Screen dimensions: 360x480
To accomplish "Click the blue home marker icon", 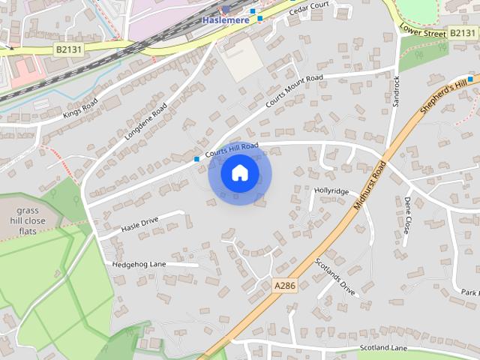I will tap(239, 173).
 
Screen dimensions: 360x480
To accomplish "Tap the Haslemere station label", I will tap(226, 20).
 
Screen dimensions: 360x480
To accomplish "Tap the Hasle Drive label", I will tap(139, 224).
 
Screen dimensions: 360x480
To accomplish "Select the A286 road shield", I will tap(284, 286).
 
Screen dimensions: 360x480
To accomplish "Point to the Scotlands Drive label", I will tap(335, 275).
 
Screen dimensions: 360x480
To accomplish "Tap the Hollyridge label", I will tap(331, 191).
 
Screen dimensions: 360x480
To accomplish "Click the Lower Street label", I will tap(422, 29).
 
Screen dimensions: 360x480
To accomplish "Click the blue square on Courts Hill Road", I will tap(196, 159).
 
